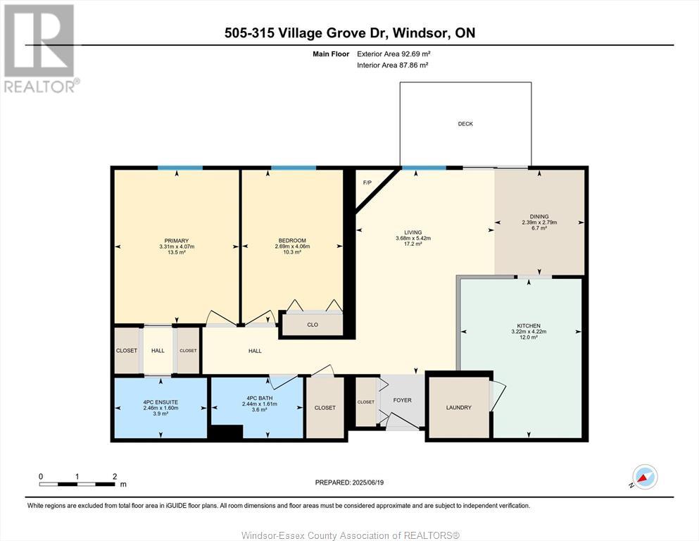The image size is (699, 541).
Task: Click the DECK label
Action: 465,124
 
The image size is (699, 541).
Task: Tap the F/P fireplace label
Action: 367,183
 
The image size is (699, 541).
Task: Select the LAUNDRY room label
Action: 459,408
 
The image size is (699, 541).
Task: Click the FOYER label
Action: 402,401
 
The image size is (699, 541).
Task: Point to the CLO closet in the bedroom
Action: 313,325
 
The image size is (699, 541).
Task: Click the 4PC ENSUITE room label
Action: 160,402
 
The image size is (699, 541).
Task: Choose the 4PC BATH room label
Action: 260,398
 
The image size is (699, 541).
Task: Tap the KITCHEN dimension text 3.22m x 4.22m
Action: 529,332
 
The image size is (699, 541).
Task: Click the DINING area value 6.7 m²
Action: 539,228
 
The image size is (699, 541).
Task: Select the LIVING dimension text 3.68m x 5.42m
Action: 413,238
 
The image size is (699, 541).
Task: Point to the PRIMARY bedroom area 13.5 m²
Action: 177,252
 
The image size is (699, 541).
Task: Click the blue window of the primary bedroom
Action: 180,168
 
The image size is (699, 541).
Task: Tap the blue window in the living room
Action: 424,168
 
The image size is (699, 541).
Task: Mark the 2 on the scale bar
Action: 115,476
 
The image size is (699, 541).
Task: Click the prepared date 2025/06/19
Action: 367,483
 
